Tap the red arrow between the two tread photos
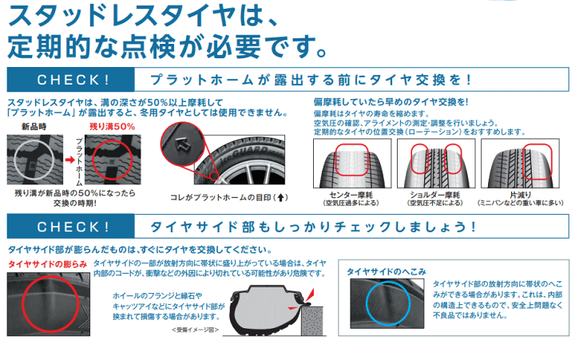pos(69,160)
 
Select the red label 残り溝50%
pos(113,127)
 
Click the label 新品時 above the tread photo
pos(34,127)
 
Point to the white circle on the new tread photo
pos(14,160)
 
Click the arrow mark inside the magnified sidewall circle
pos(182,144)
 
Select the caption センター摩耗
pos(351,195)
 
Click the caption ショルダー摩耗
pos(435,195)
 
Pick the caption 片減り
pos(521,195)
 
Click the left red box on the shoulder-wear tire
pos(411,159)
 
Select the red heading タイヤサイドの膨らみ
pos(48,264)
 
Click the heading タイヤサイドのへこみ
pos(387,271)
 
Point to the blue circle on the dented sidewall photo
pos(367,303)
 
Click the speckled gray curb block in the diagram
pos(312,320)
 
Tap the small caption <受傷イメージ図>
pos(195,330)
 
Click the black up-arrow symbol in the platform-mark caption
pos(280,198)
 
